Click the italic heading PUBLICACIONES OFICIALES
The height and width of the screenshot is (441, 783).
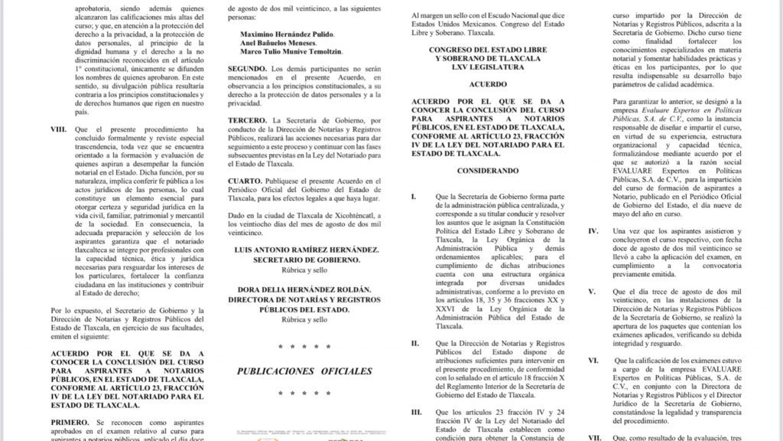pos(304,371)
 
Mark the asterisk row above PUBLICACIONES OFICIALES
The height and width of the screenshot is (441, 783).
pos(304,347)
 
